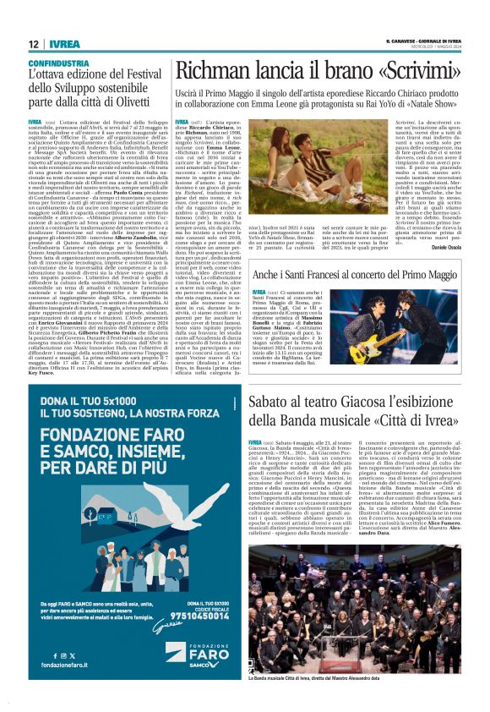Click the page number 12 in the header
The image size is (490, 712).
pos(34,44)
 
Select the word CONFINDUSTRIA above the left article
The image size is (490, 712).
pos(59,63)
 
